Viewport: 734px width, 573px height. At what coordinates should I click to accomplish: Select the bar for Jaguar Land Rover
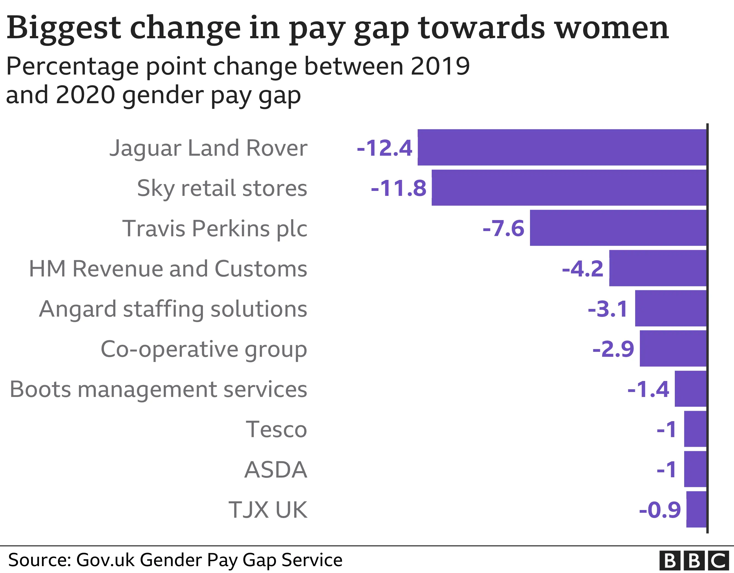click(x=562, y=147)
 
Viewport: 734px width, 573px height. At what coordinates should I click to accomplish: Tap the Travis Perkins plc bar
click(x=618, y=228)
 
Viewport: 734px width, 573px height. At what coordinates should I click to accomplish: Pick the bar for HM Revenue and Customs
click(x=658, y=268)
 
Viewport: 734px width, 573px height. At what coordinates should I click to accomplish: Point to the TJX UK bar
click(x=696, y=509)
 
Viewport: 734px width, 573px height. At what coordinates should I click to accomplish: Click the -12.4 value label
click(x=384, y=148)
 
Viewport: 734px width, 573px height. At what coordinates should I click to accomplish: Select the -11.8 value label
click(x=399, y=188)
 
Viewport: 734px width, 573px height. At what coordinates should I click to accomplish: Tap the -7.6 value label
click(x=504, y=228)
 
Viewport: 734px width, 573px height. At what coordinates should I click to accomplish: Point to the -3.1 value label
click(x=608, y=309)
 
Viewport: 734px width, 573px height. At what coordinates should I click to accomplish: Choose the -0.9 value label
click(x=660, y=509)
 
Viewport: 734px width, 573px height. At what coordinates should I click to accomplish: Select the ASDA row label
click(x=276, y=470)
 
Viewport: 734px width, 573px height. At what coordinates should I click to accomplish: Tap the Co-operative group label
click(x=204, y=349)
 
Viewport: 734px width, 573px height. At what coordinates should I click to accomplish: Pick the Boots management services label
click(x=158, y=389)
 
